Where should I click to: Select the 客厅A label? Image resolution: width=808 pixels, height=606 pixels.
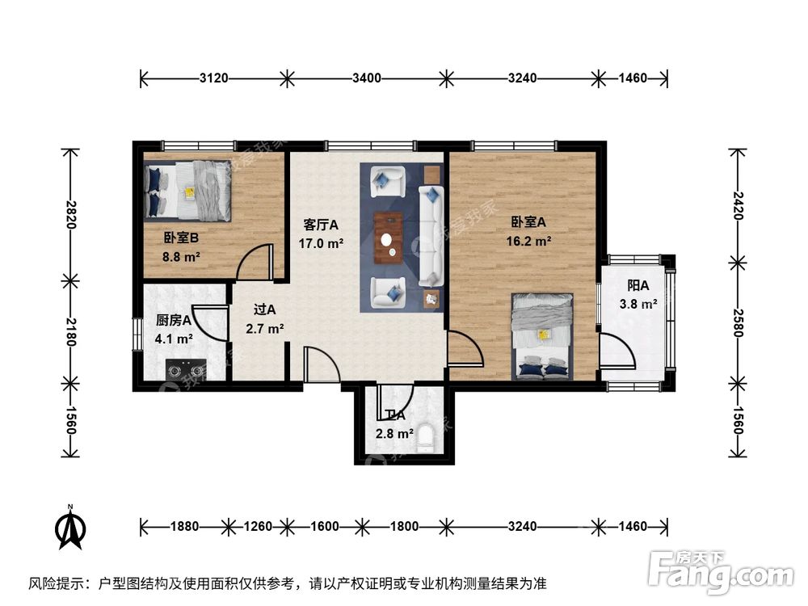tap(321, 224)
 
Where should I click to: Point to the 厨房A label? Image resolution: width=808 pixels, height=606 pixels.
tap(173, 320)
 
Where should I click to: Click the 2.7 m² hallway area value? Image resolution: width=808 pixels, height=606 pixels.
tap(265, 329)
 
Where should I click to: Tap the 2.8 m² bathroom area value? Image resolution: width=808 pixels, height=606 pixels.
tap(394, 434)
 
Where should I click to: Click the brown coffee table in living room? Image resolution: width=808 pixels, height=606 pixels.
tap(390, 238)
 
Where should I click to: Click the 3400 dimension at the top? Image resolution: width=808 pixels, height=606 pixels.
tap(366, 78)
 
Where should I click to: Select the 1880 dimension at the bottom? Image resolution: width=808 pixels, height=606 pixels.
tap(184, 526)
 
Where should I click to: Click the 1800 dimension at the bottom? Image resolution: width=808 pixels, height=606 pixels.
tap(403, 526)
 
